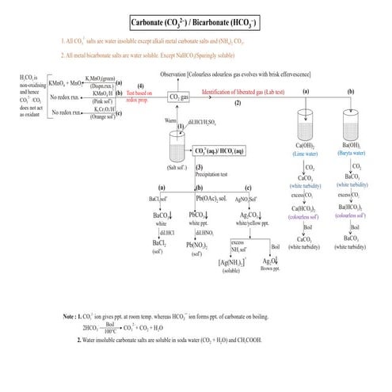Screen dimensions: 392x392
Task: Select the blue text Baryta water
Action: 351,154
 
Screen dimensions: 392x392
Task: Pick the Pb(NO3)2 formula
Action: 198,245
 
